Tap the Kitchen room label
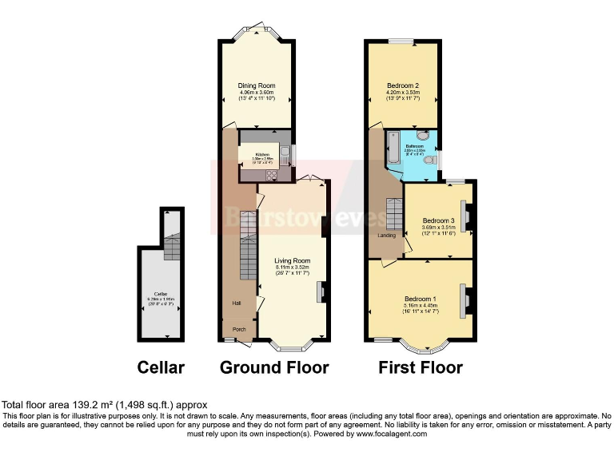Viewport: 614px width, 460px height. pyautogui.click(x=263, y=154)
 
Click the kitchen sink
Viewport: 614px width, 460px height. pyautogui.click(x=285, y=153)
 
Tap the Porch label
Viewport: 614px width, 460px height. pyautogui.click(x=239, y=329)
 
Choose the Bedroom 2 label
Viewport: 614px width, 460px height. pyautogui.click(x=403, y=85)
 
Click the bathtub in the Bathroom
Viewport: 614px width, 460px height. pyautogui.click(x=393, y=149)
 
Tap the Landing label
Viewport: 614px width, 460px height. pyautogui.click(x=387, y=235)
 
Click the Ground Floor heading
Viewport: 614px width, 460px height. pyautogui.click(x=274, y=368)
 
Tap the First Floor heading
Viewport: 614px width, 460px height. pyautogui.click(x=420, y=368)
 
